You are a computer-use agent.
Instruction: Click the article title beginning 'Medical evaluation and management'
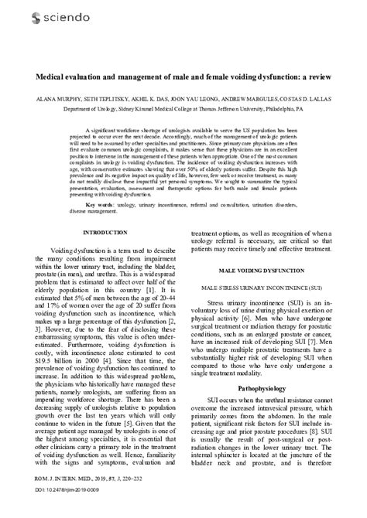pyautogui.click(x=183, y=77)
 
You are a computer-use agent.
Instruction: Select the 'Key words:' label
pyautogui.click(x=98, y=204)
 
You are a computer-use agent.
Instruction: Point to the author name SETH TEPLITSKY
pyautogui.click(x=108, y=101)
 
